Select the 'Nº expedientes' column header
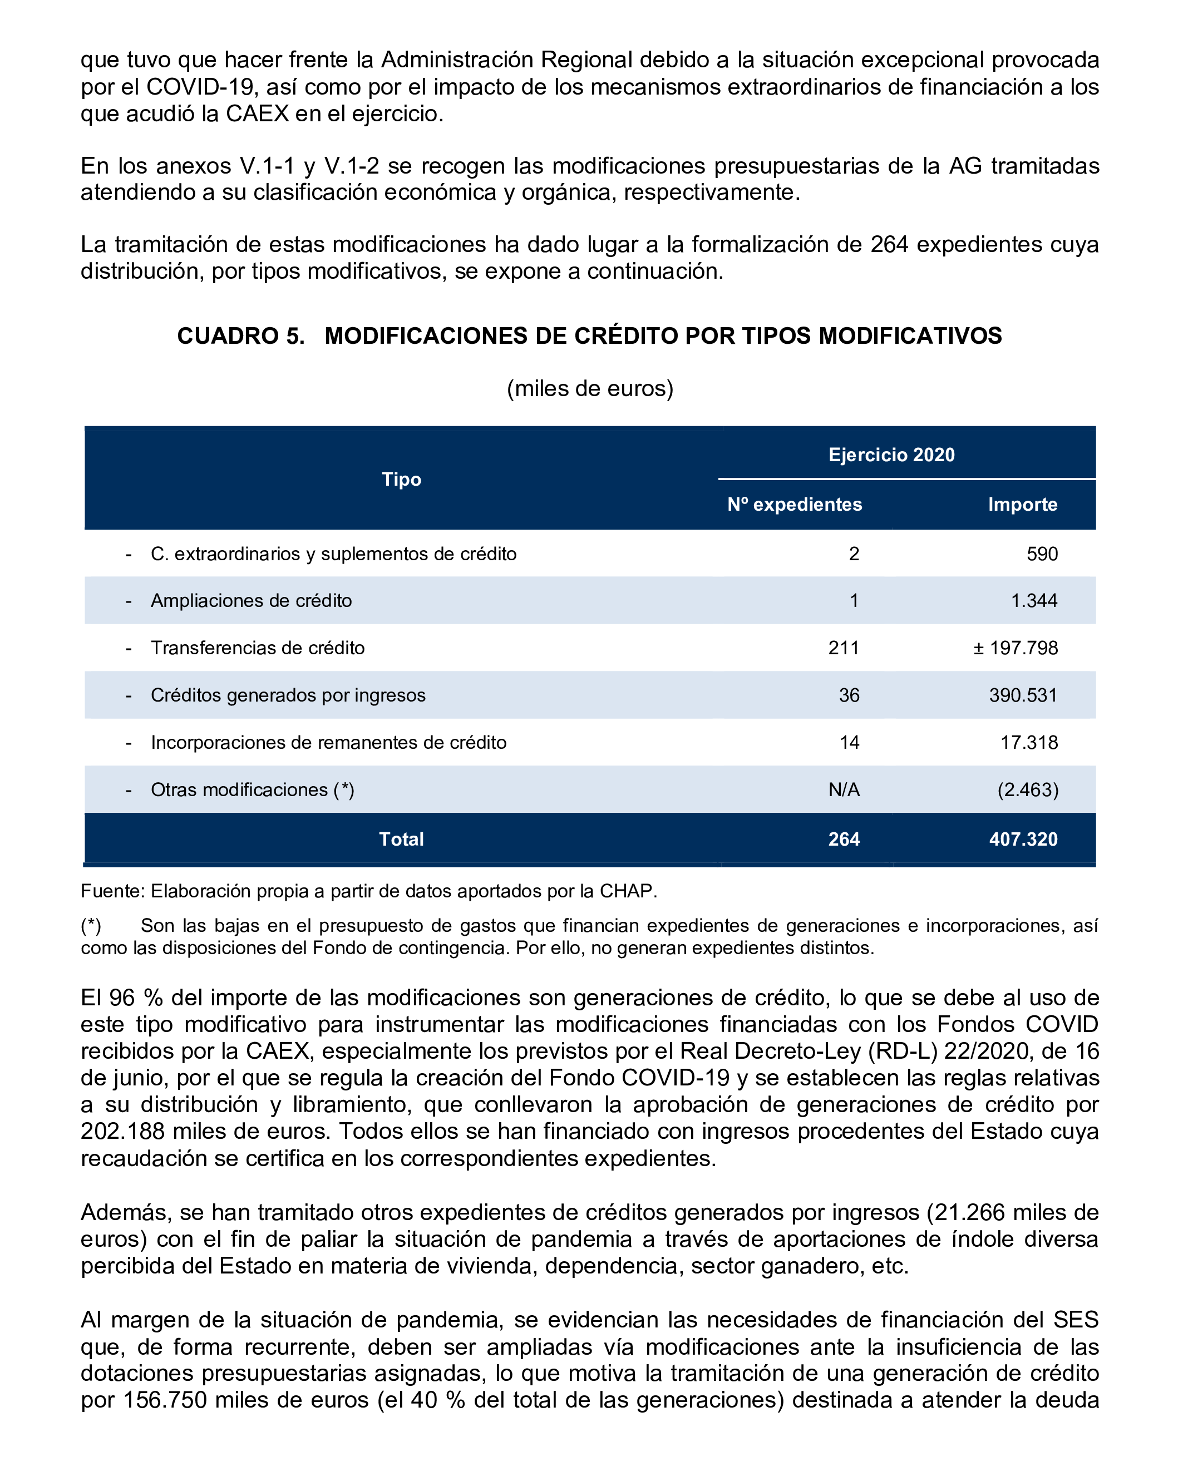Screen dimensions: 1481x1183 pos(794,504)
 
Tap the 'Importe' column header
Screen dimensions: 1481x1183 pos(1022,504)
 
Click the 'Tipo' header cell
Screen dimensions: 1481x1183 pos(401,479)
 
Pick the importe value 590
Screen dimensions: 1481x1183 pos(1042,554)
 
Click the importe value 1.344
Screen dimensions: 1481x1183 pos(1034,600)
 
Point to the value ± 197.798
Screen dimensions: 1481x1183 pos(1015,648)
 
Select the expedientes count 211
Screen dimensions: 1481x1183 pos(844,648)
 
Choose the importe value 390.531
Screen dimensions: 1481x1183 pos(1023,695)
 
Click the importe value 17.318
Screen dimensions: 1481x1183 pos(1028,743)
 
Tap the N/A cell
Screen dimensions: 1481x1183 pos(844,790)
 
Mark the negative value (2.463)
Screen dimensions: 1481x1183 pos(1028,790)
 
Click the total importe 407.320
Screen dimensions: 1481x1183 pos(1023,839)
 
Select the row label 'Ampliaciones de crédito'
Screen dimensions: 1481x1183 pos(251,600)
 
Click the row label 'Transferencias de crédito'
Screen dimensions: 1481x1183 pos(258,648)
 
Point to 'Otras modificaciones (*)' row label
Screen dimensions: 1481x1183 pos(252,790)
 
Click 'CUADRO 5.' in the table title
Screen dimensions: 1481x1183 pos(240,336)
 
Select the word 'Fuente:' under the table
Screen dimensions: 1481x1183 pos(112,891)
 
